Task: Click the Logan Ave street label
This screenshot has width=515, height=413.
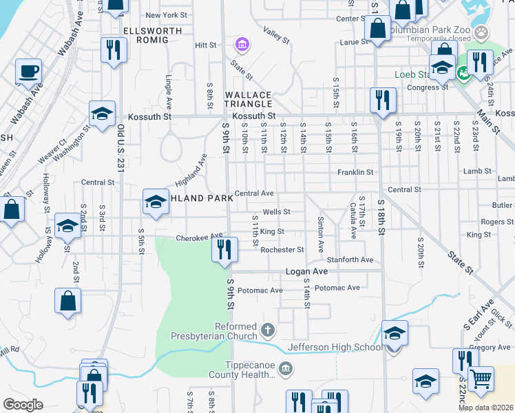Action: coord(307,272)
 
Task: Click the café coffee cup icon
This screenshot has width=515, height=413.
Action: coord(28,71)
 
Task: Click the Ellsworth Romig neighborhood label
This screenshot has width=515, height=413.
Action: coord(145,36)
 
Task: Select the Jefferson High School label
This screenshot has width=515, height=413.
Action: coord(335,347)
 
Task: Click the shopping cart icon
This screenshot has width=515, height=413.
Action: coord(480,379)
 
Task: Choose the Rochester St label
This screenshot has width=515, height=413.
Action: coord(282,249)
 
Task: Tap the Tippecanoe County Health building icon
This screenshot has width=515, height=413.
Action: coord(287,370)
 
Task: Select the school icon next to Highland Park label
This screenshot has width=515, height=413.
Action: coord(156,202)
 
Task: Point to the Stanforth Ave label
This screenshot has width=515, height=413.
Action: coord(350,260)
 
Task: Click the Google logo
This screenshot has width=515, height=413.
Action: coord(23,404)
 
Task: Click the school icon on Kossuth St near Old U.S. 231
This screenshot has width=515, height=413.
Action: coord(101,114)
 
